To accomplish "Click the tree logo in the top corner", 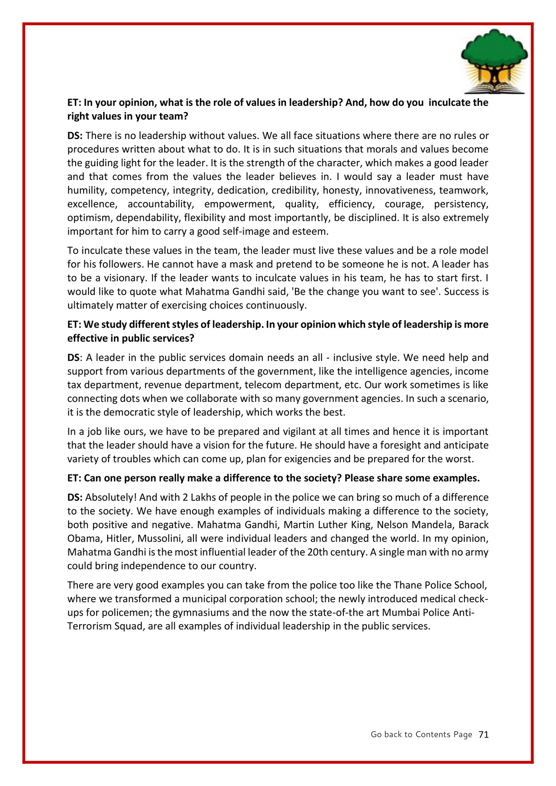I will [x=494, y=61].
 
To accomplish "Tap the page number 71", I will [x=483, y=735].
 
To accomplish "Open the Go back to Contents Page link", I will [x=421, y=735].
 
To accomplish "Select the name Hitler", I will [x=118, y=539].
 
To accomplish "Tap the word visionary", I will [x=125, y=278].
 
